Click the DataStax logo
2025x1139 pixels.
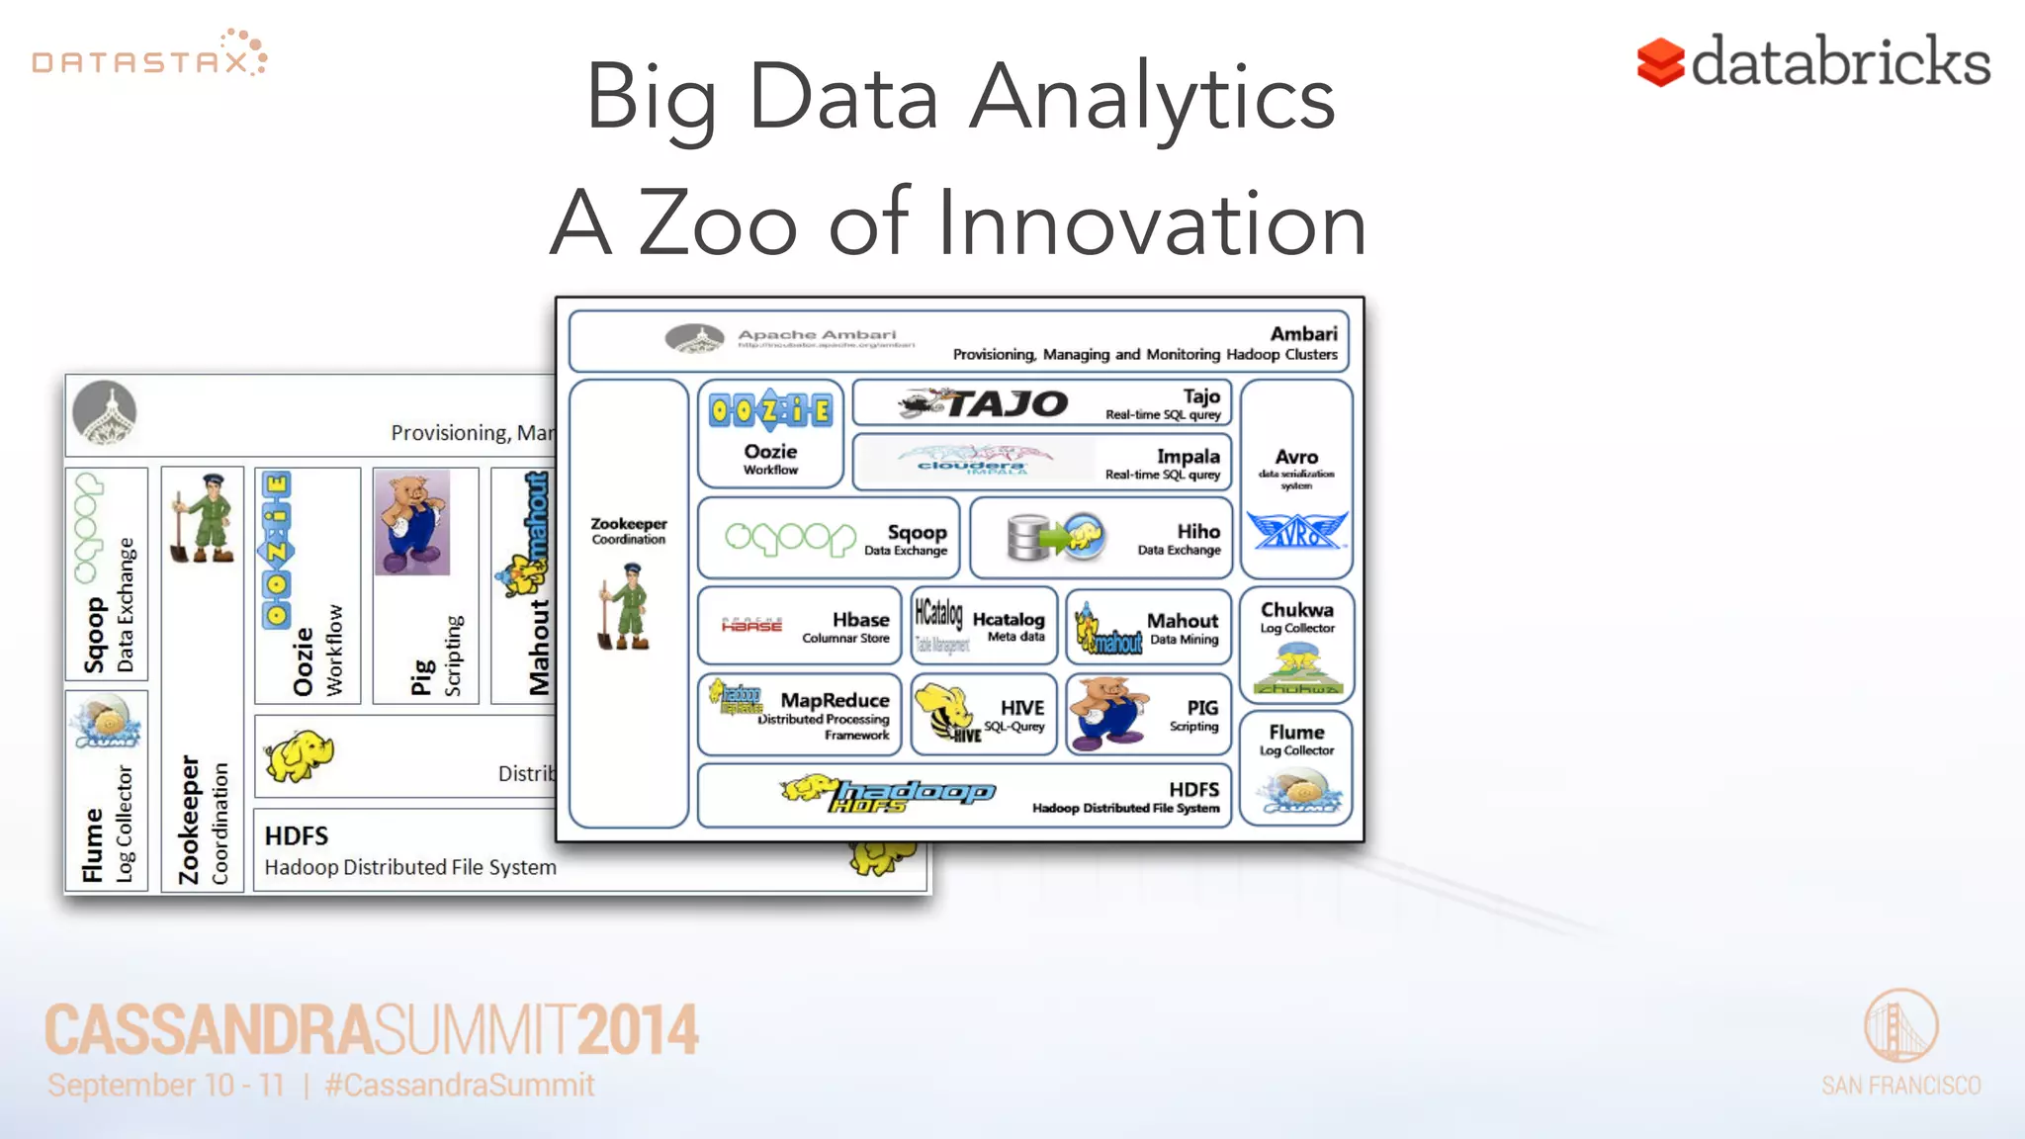[148, 57]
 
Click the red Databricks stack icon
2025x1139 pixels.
[1660, 62]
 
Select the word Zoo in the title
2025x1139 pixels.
[718, 223]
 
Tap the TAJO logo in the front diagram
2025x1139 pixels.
[985, 403]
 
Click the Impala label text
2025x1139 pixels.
[1188, 457]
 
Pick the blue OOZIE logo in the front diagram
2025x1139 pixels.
[770, 409]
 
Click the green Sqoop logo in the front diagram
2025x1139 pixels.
[790, 538]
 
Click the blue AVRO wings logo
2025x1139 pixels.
[1295, 531]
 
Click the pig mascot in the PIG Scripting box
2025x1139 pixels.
[1110, 714]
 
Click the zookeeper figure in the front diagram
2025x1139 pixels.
[625, 606]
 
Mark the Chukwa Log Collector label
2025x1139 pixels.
[1296, 617]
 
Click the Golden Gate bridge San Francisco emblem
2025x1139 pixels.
[1900, 1026]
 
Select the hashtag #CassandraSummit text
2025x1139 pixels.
[460, 1085]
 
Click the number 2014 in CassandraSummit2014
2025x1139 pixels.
[638, 1029]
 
